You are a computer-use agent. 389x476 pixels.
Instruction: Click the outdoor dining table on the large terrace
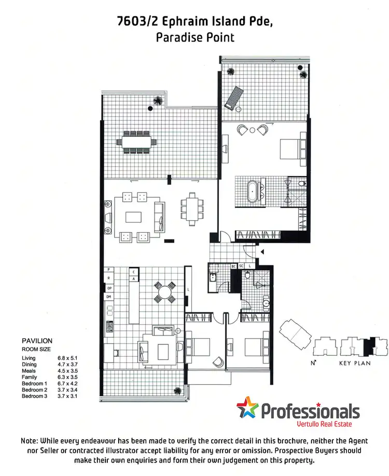pyautogui.click(x=138, y=141)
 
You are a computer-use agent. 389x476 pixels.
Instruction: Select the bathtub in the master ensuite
pyautogui.click(x=253, y=190)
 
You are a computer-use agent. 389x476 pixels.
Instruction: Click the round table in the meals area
pyautogui.click(x=164, y=291)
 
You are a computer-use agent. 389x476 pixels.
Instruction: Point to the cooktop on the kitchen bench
pyautogui.click(x=109, y=326)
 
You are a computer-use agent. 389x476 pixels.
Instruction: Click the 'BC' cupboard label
pyautogui.click(x=233, y=266)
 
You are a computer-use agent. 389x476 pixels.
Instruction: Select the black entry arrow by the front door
pyautogui.click(x=262, y=251)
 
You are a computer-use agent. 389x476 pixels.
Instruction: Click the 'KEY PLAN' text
pyautogui.click(x=355, y=363)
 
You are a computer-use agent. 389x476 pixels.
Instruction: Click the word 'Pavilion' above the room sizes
pyautogui.click(x=37, y=341)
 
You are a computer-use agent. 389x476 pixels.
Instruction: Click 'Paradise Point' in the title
pyautogui.click(x=195, y=37)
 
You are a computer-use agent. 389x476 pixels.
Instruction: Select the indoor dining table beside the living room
pyautogui.click(x=192, y=209)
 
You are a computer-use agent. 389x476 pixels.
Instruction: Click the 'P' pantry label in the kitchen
pyautogui.click(x=109, y=270)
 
